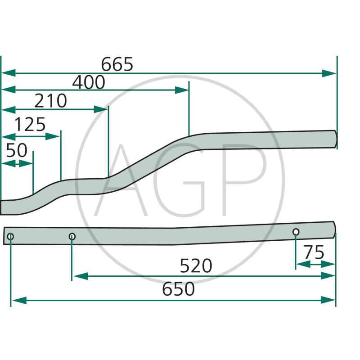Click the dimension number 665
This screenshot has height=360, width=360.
tap(117, 65)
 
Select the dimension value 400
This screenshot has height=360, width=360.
tap(89, 83)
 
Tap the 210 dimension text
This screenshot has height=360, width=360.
tap(51, 102)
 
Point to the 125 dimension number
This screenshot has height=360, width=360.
tap(30, 125)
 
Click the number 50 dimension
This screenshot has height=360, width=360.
tap(17, 151)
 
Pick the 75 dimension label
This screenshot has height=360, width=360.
tap(314, 253)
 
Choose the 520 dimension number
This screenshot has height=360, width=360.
tap(196, 266)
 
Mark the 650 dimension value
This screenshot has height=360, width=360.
tap(179, 289)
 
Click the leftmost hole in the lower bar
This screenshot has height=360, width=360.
tap(11, 236)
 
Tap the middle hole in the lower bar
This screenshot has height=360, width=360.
tap(72, 236)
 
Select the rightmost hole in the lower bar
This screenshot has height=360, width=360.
tap(296, 232)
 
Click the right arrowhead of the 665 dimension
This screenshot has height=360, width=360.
tap(330, 73)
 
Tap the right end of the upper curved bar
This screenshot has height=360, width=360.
tap(335, 139)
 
